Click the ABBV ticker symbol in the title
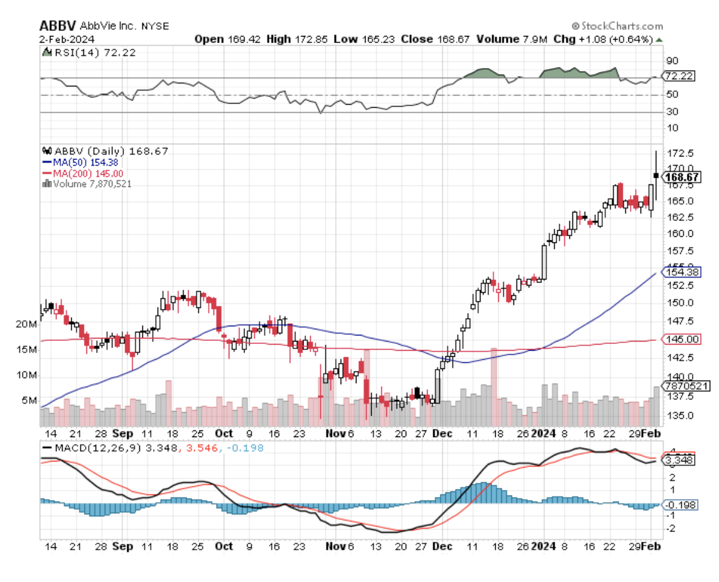pyautogui.click(x=57, y=26)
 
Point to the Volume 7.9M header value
pyautogui.click(x=513, y=39)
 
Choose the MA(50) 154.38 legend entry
pyautogui.click(x=78, y=162)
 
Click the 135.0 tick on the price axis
pyautogui.click(x=677, y=415)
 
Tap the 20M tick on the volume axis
pyautogui.click(x=26, y=324)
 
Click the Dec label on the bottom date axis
pyautogui.click(x=442, y=546)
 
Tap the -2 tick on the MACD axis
pyautogui.click(x=670, y=528)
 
